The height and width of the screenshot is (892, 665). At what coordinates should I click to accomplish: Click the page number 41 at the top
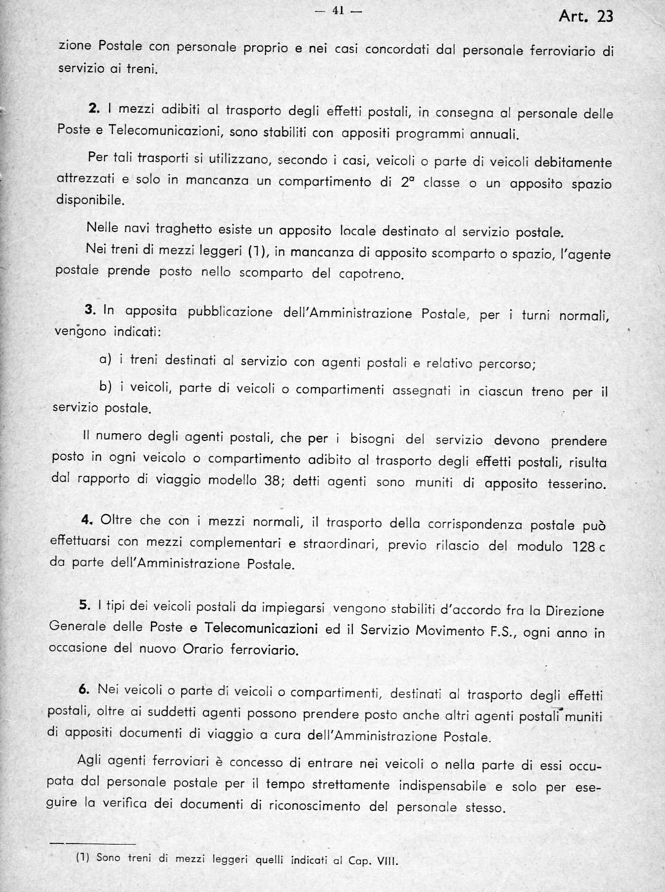[x=338, y=11]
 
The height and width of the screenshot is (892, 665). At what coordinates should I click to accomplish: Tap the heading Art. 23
[x=586, y=16]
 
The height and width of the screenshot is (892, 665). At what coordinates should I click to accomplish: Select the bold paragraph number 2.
[x=95, y=108]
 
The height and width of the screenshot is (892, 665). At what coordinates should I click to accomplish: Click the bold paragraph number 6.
[x=84, y=689]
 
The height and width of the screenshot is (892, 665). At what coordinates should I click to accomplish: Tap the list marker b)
[x=106, y=387]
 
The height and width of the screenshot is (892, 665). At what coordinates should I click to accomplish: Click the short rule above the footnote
[x=93, y=844]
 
